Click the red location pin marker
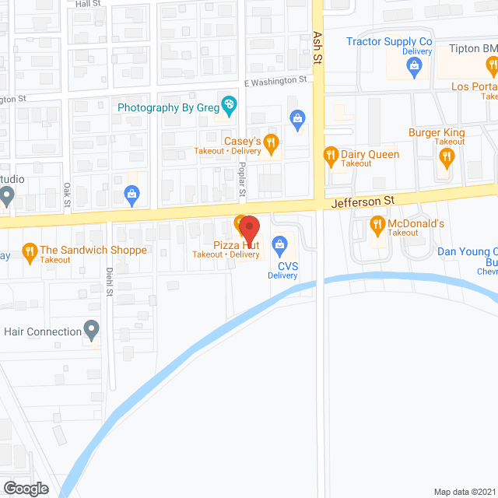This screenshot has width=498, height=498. (x=248, y=229)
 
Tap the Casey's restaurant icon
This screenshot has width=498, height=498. (x=272, y=142)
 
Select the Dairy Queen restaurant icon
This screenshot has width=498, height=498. (x=330, y=155)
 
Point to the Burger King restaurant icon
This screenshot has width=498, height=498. (x=446, y=156)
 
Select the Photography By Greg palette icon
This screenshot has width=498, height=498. (x=229, y=103)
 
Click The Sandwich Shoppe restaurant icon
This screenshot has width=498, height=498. (x=30, y=251)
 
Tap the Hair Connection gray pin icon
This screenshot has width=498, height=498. (x=92, y=331)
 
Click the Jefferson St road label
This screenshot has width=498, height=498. (x=363, y=201)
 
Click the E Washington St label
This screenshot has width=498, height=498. (x=275, y=81)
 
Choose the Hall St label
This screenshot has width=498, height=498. (x=89, y=4)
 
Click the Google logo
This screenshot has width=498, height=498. (x=25, y=488)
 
